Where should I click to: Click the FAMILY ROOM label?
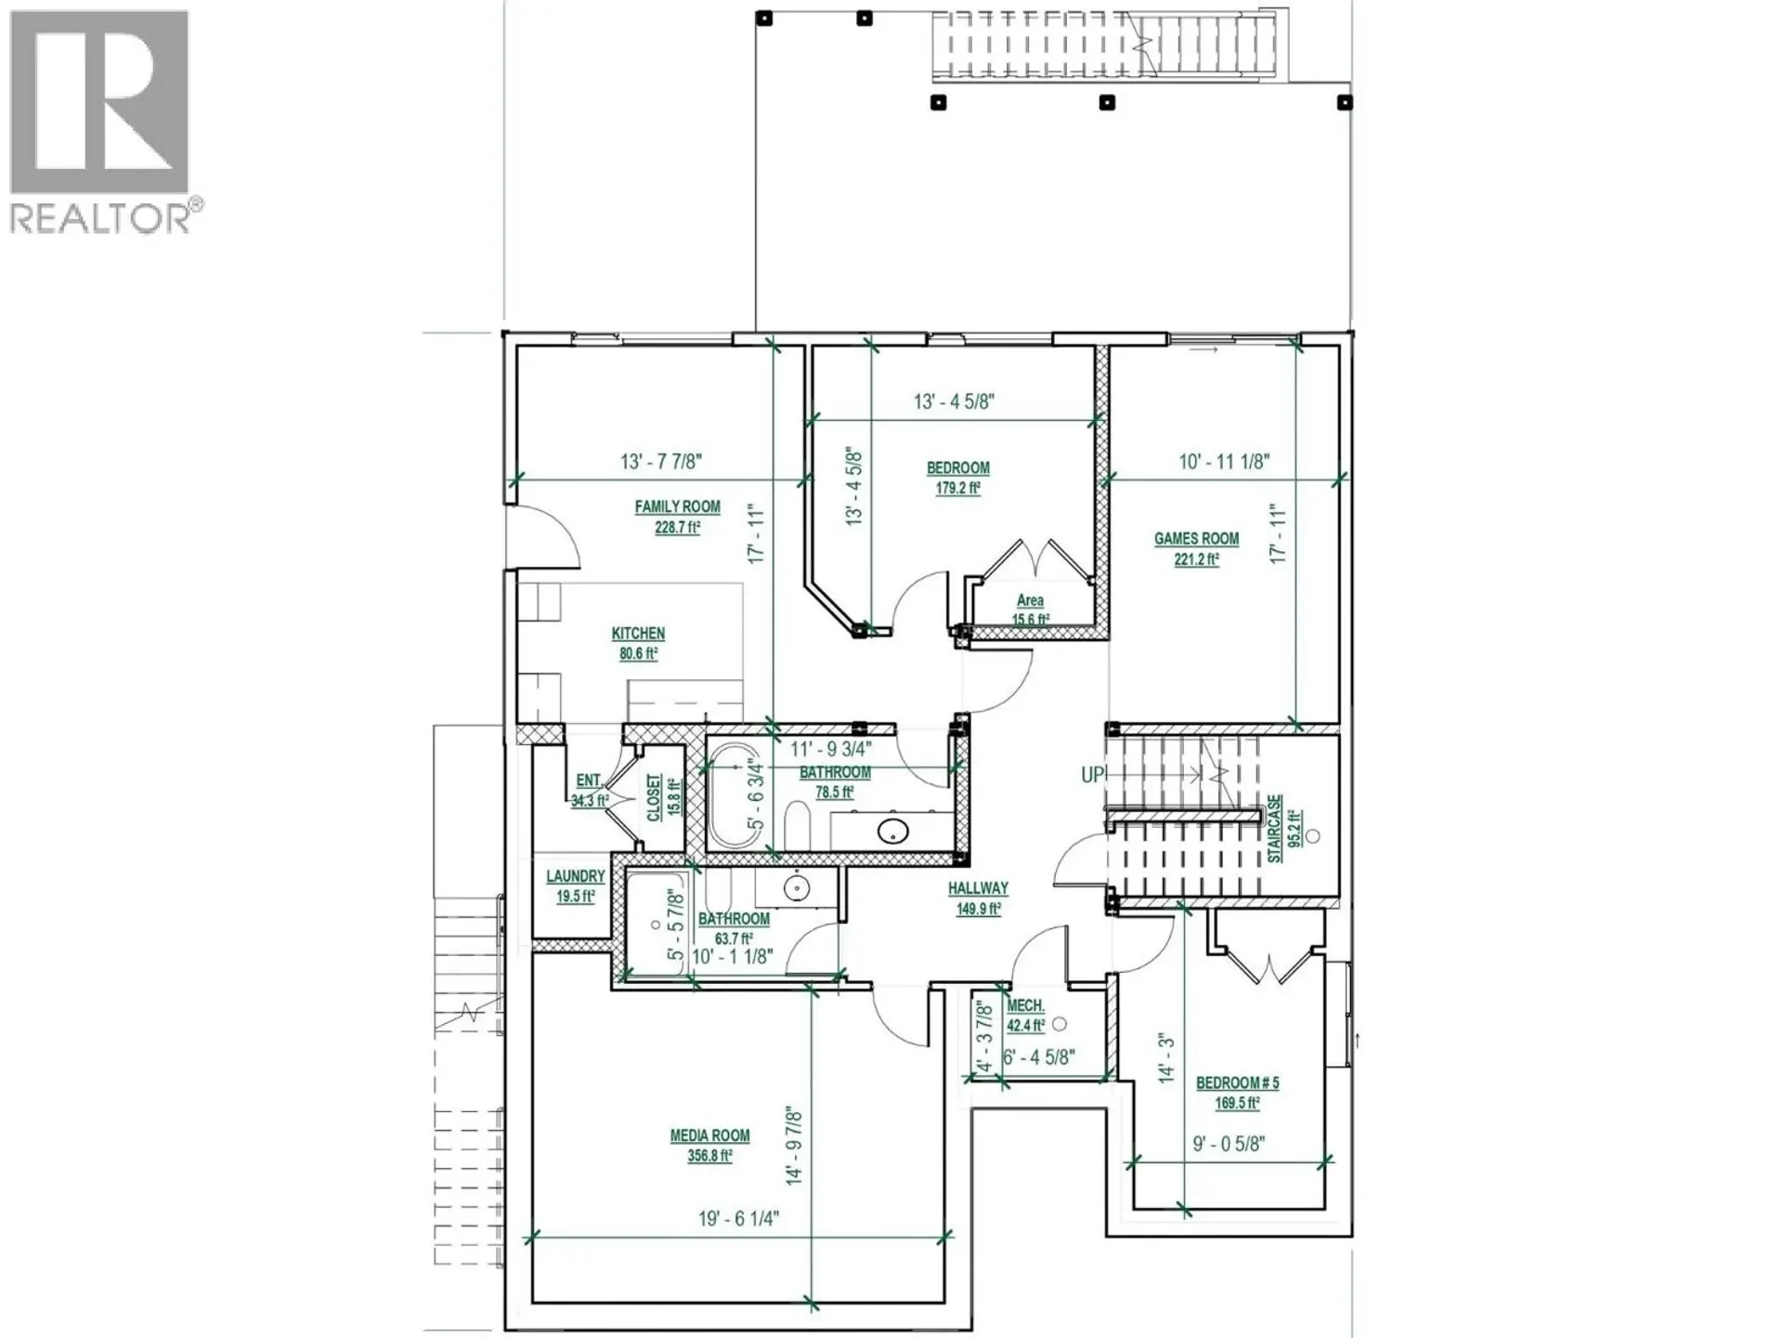(x=677, y=507)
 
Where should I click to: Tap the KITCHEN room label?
(x=638, y=634)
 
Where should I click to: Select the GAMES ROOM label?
(x=1196, y=539)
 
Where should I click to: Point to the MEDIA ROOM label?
(x=709, y=1135)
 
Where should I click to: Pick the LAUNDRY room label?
(x=575, y=876)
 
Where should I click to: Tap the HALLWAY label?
(x=978, y=889)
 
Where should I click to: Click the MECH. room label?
(x=1025, y=1006)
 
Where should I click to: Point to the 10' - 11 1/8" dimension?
(x=1224, y=461)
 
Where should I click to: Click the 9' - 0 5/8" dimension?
(x=1228, y=1144)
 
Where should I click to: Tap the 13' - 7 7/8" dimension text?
(x=660, y=461)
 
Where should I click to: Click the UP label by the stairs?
(x=1092, y=774)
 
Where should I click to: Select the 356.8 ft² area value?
(x=709, y=1157)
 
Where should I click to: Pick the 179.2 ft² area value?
(x=957, y=489)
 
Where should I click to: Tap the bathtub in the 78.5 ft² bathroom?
(x=732, y=795)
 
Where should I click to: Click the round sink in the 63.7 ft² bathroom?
(x=796, y=888)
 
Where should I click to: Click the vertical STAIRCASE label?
(x=1275, y=828)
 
